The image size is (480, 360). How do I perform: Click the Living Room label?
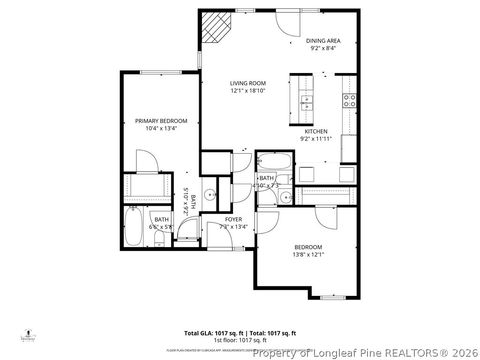(x=247, y=83)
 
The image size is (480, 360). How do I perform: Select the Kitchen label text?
(x=316, y=131)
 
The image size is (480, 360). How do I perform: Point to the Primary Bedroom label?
(x=161, y=120)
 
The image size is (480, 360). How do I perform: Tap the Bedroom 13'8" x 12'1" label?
(x=308, y=246)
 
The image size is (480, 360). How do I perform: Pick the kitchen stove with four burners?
(x=350, y=100)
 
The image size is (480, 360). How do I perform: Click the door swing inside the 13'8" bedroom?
(x=327, y=217)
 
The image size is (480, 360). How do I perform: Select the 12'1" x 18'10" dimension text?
(x=247, y=91)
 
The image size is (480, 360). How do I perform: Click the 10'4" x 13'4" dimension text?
(x=161, y=128)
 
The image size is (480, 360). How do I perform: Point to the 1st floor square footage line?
(x=239, y=338)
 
